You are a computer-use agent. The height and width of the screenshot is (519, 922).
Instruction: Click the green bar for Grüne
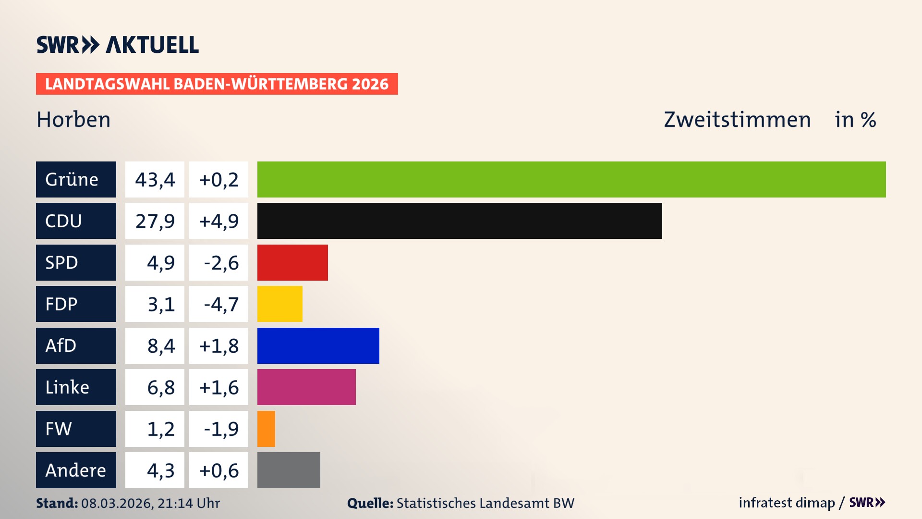pos(571,179)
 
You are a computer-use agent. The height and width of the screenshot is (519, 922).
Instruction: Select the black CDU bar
pos(460,221)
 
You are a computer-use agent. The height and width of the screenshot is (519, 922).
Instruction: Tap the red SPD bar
pos(292,262)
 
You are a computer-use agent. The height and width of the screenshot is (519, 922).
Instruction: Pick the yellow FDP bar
pos(280,304)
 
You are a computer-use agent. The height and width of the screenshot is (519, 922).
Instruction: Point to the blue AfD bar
pos(318,346)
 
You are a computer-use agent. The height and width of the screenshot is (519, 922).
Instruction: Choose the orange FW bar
pos(266,429)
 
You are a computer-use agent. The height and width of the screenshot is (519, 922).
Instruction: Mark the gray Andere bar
pos(289,470)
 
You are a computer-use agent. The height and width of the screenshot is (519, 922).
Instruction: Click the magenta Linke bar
pos(306,387)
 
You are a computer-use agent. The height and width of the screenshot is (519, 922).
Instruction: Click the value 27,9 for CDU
pos(155,221)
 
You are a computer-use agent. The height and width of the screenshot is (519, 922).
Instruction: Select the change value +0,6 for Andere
pos(219,470)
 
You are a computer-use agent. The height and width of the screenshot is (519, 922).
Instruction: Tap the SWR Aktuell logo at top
pos(118,45)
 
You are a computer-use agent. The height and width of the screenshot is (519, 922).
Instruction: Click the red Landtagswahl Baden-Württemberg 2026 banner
pos(217,84)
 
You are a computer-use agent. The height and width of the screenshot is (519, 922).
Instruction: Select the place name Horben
pos(73,120)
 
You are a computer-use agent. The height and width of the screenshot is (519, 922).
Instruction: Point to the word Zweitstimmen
pos(737,120)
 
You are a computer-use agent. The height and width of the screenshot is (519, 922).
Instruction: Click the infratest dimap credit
pos(787,503)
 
